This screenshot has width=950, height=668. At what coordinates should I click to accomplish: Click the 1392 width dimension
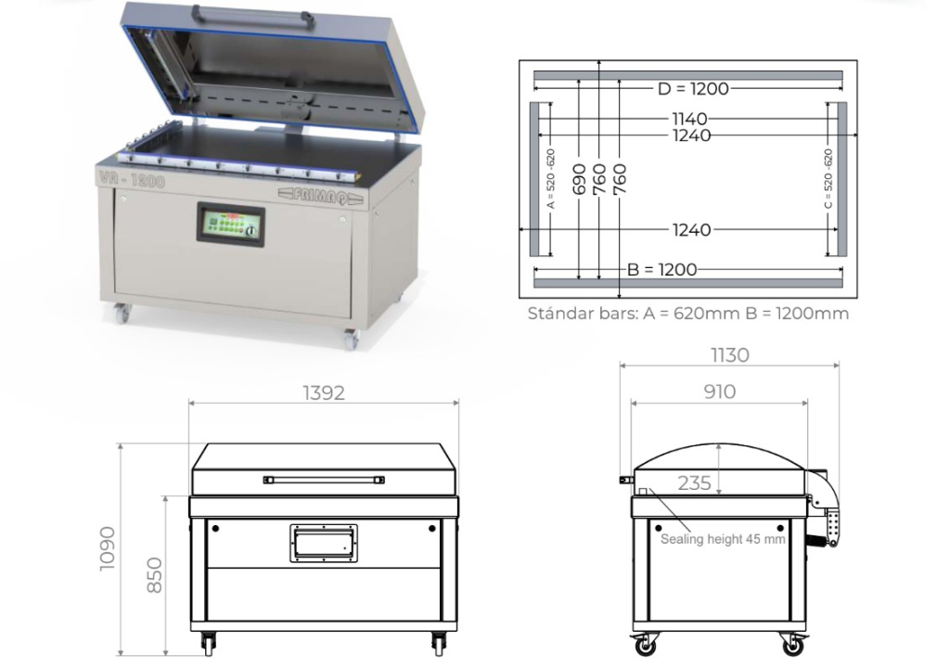tap(323, 392)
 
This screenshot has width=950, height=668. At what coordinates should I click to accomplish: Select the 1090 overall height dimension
tap(109, 548)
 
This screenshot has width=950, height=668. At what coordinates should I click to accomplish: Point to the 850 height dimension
tap(154, 574)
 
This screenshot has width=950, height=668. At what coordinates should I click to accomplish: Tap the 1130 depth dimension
tap(729, 354)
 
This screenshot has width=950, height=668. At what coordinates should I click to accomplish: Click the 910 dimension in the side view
tap(719, 392)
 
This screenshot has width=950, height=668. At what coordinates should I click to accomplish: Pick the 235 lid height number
tap(694, 482)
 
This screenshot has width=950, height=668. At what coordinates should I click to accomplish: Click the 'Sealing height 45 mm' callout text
tap(723, 539)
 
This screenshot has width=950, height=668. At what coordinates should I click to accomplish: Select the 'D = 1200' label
tap(692, 89)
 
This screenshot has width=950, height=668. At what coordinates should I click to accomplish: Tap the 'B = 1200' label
tap(661, 269)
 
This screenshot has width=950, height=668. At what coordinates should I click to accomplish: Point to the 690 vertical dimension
tap(579, 178)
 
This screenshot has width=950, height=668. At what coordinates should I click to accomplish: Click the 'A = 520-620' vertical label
tap(550, 178)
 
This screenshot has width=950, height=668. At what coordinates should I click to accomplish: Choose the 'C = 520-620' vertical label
tap(828, 178)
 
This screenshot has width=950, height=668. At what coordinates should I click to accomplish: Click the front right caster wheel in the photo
tap(350, 340)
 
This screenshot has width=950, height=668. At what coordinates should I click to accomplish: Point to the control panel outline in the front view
tap(323, 543)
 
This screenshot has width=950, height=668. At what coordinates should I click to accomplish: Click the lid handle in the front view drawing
tap(323, 480)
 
